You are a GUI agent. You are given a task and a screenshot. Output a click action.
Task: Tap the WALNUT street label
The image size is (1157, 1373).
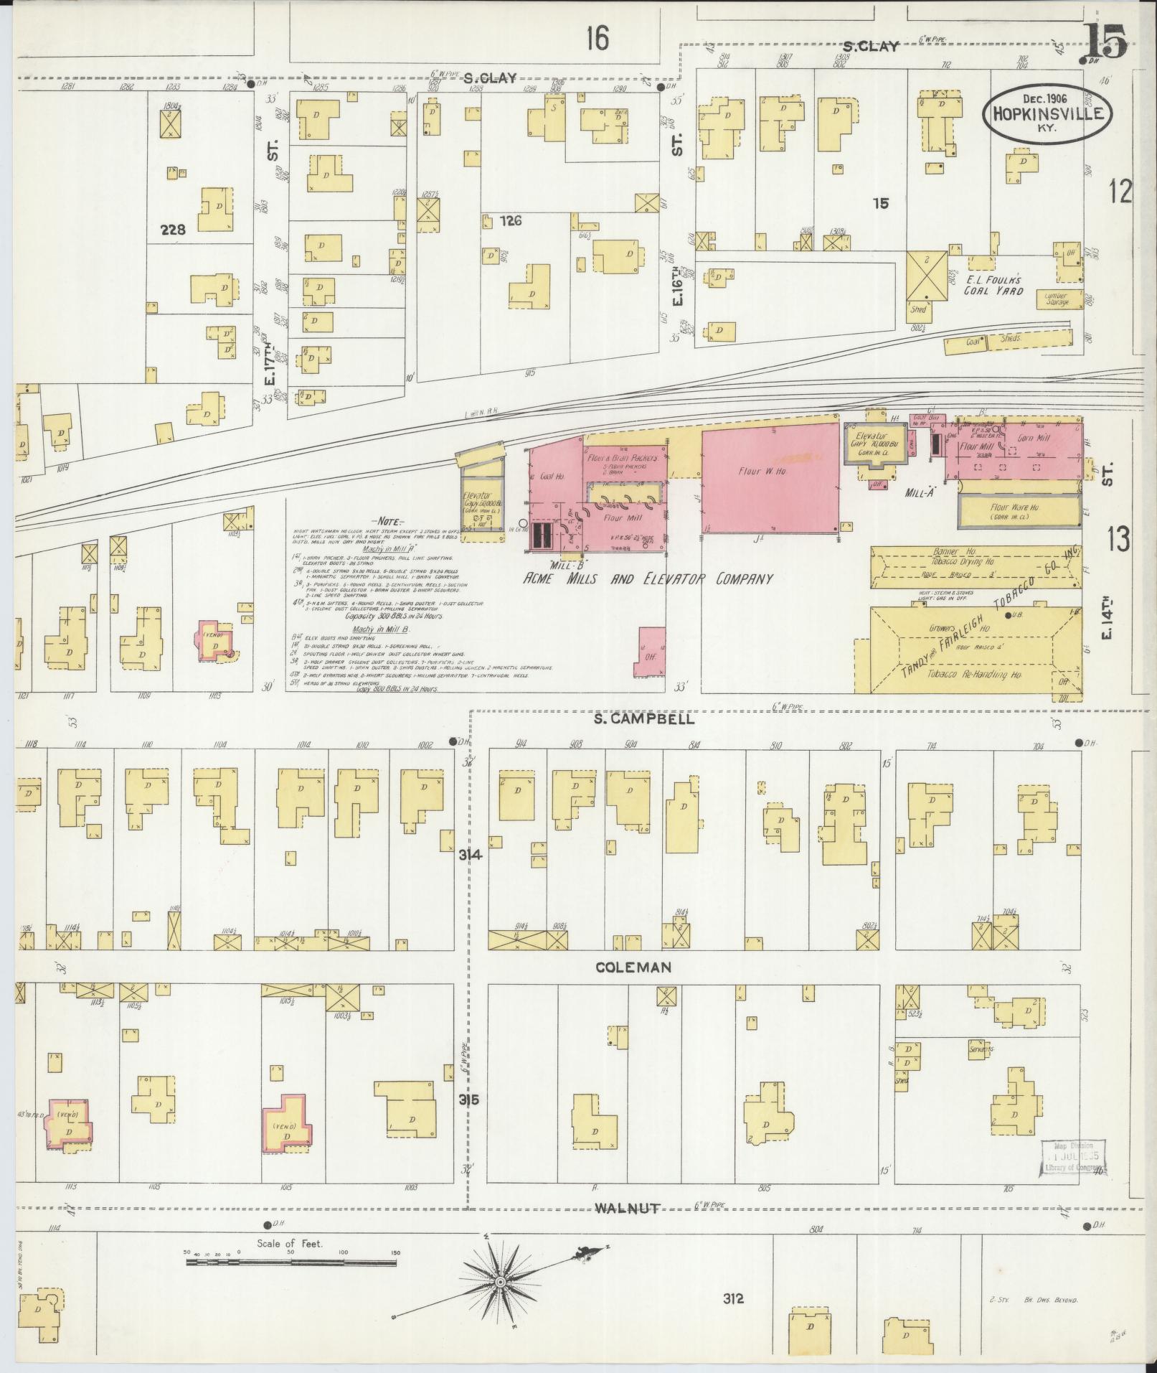pyautogui.click(x=627, y=1209)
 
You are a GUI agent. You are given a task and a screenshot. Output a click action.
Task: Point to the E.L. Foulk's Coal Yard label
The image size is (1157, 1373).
pyautogui.click(x=993, y=286)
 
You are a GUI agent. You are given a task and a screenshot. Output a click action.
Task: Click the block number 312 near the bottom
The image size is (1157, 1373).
pyautogui.click(x=733, y=1298)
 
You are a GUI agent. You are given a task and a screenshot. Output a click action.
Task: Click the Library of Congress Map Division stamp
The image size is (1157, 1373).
pyautogui.click(x=1072, y=1158)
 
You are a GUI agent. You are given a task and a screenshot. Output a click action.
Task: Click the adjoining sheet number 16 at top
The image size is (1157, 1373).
pyautogui.click(x=596, y=37)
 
